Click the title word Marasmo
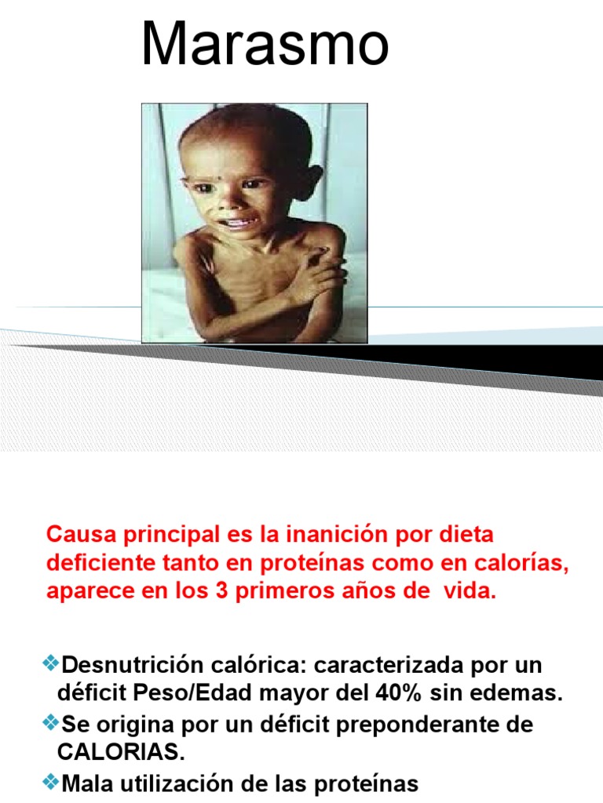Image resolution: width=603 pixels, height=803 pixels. [x=265, y=46]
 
